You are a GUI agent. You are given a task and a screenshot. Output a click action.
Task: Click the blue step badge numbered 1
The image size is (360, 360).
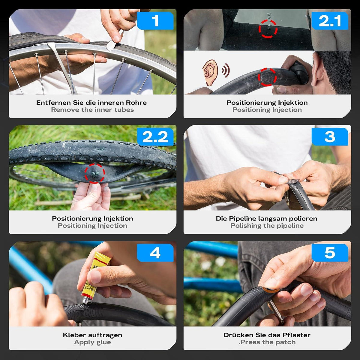tap(155, 21)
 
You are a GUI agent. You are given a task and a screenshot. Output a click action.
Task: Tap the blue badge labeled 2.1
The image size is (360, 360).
tap(330, 21)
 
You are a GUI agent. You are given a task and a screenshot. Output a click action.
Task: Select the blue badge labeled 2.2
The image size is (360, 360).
tap(155, 137)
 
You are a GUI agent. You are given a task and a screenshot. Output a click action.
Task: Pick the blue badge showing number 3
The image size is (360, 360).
tap(330, 137)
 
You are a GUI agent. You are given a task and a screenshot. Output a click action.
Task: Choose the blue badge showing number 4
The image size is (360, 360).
tap(155, 253)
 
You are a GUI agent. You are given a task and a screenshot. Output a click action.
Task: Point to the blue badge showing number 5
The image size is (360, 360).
tap(330, 253)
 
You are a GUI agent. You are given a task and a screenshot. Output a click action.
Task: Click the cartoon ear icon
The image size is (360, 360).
tap(210, 73)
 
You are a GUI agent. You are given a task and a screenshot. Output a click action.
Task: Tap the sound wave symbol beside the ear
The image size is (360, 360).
tap(226, 70)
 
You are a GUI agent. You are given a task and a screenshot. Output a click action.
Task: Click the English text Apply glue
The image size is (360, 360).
tap(92, 342)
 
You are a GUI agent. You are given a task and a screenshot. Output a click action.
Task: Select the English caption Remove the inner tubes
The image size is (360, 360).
tap(92, 110)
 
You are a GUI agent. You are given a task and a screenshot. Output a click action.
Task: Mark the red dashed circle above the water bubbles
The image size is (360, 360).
tap(268, 29)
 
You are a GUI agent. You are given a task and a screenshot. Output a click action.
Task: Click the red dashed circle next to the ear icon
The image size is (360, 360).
tap(267, 77)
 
